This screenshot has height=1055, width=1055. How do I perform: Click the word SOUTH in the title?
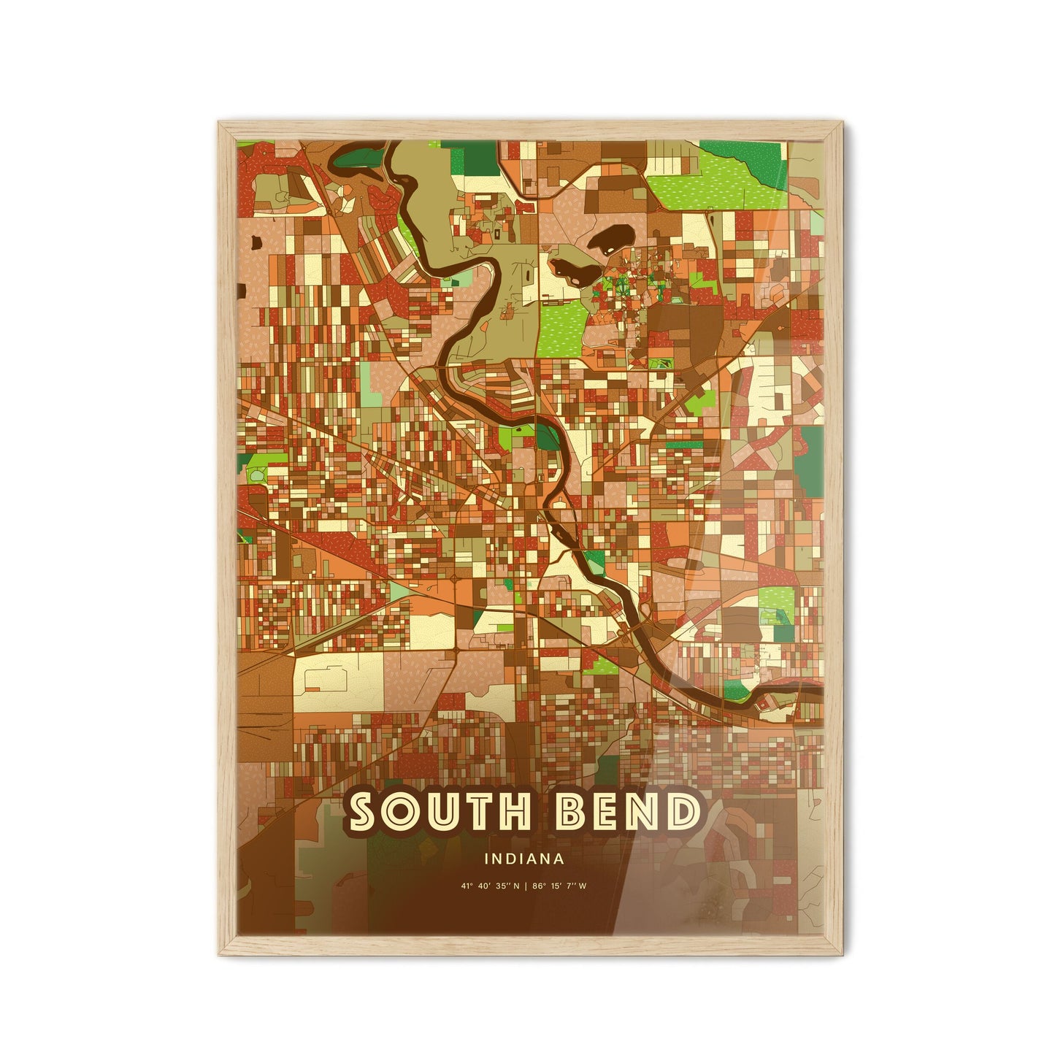click(440, 813)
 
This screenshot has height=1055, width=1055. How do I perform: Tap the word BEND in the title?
click(626, 813)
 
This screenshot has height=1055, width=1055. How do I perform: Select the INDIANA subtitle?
click(523, 859)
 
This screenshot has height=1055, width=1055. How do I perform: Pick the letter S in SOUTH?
click(367, 813)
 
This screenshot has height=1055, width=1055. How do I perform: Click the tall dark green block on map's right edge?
click(809, 453)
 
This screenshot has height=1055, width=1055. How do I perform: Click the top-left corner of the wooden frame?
click(219, 123)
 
